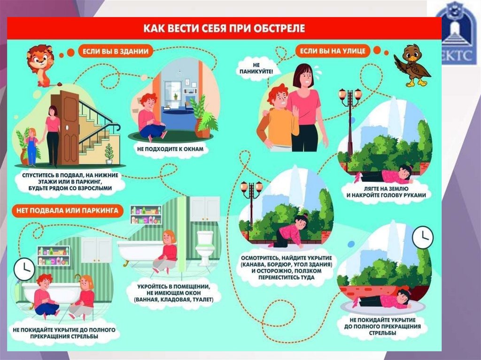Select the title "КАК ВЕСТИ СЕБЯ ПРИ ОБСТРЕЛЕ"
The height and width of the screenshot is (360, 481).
point(225,28)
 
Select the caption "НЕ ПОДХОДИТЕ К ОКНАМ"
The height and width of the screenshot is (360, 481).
point(173,148)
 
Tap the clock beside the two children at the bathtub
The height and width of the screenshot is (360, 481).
point(23,269)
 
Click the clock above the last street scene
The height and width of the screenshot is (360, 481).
point(422,237)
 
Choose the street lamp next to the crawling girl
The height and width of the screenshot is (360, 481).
point(252,207)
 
